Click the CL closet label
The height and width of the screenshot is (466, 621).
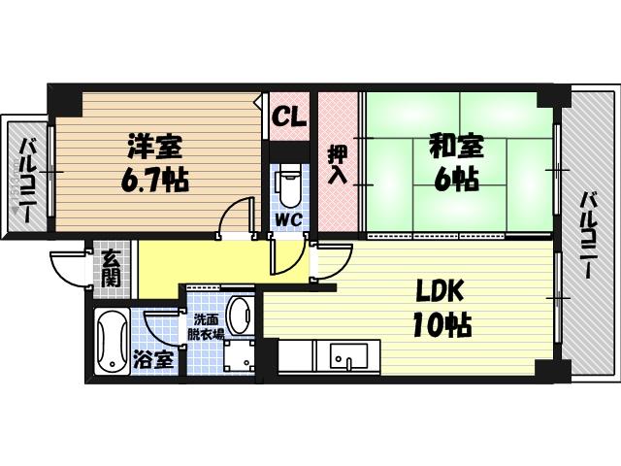290,116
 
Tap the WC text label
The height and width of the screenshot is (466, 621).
289,220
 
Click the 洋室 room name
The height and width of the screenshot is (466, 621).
155,147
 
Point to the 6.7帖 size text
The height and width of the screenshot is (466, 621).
154,180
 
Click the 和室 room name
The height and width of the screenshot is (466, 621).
457,147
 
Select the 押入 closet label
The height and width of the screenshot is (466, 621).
339,164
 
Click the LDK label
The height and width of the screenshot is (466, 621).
440,291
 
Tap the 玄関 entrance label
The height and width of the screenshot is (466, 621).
111,270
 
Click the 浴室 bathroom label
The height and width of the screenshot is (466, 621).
153,360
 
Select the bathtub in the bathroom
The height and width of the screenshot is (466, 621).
113,341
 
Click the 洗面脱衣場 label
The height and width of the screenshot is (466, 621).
206,326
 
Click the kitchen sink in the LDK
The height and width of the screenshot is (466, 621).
348,356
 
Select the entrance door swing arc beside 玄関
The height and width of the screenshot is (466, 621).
67,270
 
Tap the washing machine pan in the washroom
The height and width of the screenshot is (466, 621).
240,356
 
